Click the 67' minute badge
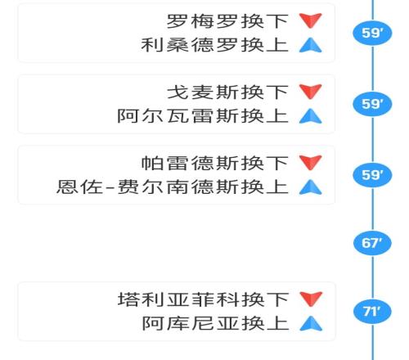pos(372,243)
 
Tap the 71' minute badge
pos(372,311)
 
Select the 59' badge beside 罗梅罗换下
pos(372,33)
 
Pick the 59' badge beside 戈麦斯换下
pos(372,104)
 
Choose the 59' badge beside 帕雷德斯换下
pos(372,175)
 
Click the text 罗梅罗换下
pos(227,21)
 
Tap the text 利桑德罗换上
pos(215,45)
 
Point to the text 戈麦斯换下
pos(227,92)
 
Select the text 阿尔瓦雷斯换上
pos(203,116)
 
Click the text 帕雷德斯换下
pos(215,163)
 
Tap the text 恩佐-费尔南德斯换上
pos(173,187)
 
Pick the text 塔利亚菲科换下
pos(203,299)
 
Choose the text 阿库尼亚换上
pos(215,323)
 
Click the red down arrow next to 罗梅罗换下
pos(311,20)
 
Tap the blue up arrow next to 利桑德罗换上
pos(311,46)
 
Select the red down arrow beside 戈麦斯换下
pos(311,91)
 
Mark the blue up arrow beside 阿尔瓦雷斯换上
pos(311,117)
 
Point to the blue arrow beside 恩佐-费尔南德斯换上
pos(311,188)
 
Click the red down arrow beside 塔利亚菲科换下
pos(311,298)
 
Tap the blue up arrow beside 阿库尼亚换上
pos(311,324)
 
